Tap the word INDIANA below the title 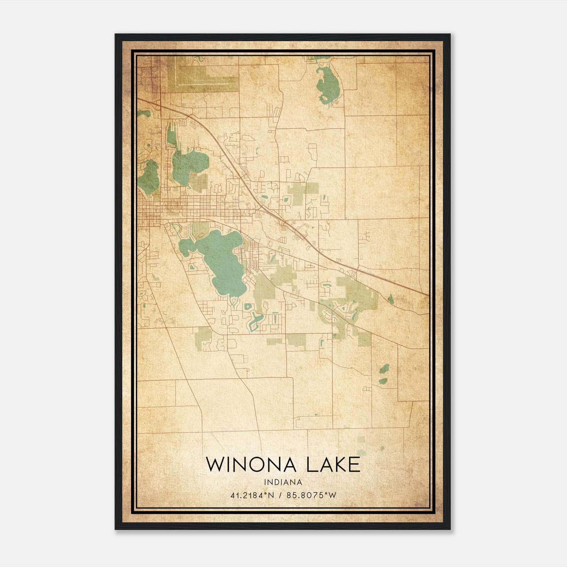[x=282, y=482]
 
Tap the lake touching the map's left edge [x=148, y=177]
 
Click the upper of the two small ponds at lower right [x=384, y=370]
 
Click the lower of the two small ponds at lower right [x=383, y=381]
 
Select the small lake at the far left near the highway [x=144, y=113]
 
